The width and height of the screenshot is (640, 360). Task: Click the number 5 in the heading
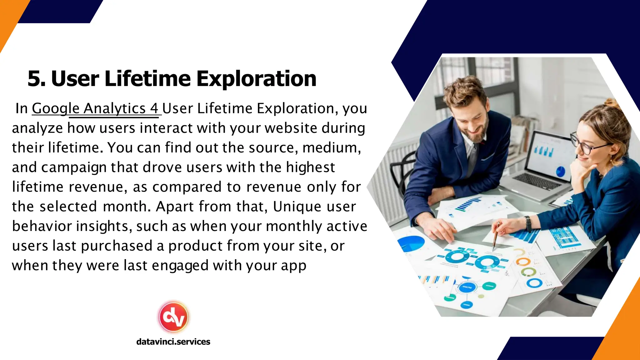point(35,79)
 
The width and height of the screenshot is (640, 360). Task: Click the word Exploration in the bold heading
point(256,79)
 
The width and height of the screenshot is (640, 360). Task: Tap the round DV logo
point(173,317)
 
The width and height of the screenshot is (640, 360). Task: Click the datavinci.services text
point(173,342)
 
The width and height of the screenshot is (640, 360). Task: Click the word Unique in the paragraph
point(293,207)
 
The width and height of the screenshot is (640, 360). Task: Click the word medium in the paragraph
point(330,148)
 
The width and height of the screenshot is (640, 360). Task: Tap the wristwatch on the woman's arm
point(528,224)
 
